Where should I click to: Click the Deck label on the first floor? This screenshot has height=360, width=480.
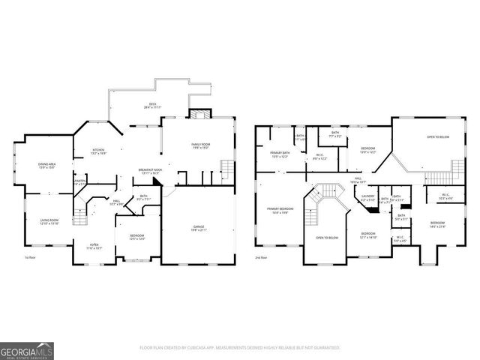pyautogui.click(x=152, y=106)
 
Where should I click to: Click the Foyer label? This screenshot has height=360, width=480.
pyautogui.click(x=94, y=246)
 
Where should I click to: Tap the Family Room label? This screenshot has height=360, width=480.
pyautogui.click(x=200, y=145)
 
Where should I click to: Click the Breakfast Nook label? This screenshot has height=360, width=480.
pyautogui.click(x=151, y=172)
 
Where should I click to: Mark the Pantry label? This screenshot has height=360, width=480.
pyautogui.click(x=80, y=182)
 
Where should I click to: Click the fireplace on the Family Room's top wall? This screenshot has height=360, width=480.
pyautogui.click(x=197, y=115)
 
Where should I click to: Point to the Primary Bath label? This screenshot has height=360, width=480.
pyautogui.click(x=280, y=154)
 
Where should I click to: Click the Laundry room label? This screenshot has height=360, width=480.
pyautogui.click(x=368, y=199)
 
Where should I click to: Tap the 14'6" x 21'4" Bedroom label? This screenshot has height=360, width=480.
pyautogui.click(x=437, y=224)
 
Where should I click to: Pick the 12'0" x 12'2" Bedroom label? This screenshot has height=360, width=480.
pyautogui.click(x=367, y=151)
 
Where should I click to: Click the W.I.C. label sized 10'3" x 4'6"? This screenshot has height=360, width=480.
pyautogui.click(x=444, y=197)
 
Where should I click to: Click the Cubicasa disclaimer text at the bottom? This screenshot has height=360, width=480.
pyautogui.click(x=239, y=347)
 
